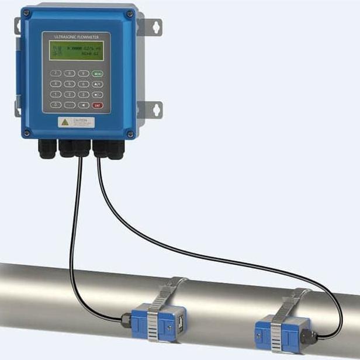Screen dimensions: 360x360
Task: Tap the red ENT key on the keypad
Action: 97,105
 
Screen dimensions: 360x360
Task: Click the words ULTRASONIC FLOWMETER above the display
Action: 76,37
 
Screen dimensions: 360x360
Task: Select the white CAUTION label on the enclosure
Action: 76,122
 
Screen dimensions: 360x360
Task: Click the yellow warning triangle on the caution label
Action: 65,122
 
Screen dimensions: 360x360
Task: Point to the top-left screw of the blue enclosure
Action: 26,12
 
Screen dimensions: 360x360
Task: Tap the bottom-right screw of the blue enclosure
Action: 129,134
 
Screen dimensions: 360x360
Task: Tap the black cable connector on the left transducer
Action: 126,319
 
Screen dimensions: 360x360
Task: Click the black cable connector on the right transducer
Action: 311,335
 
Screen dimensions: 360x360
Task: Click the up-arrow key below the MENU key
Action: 97,84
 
